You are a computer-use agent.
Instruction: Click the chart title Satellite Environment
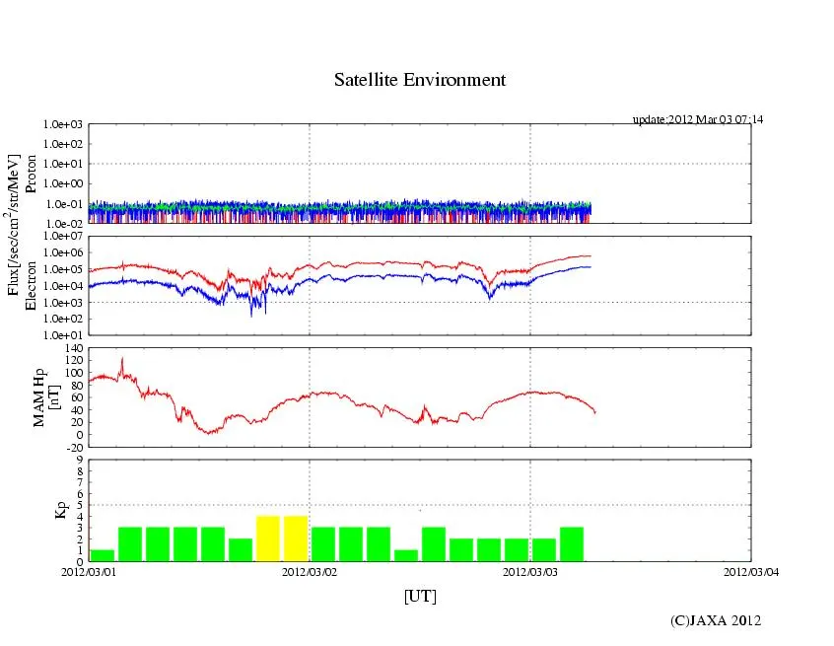[x=420, y=80]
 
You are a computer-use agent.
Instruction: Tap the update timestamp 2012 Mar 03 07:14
[x=697, y=119]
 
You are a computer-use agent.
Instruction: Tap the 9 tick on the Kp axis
[x=80, y=459]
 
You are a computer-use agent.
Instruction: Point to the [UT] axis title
[x=420, y=597]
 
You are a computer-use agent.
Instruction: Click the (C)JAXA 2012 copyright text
[x=716, y=620]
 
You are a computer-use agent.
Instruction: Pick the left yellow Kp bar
[x=268, y=538]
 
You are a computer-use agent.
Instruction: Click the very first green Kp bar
[x=103, y=555]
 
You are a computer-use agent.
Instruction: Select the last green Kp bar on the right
[x=572, y=544]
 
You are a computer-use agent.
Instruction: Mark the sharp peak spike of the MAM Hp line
[x=121, y=359]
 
